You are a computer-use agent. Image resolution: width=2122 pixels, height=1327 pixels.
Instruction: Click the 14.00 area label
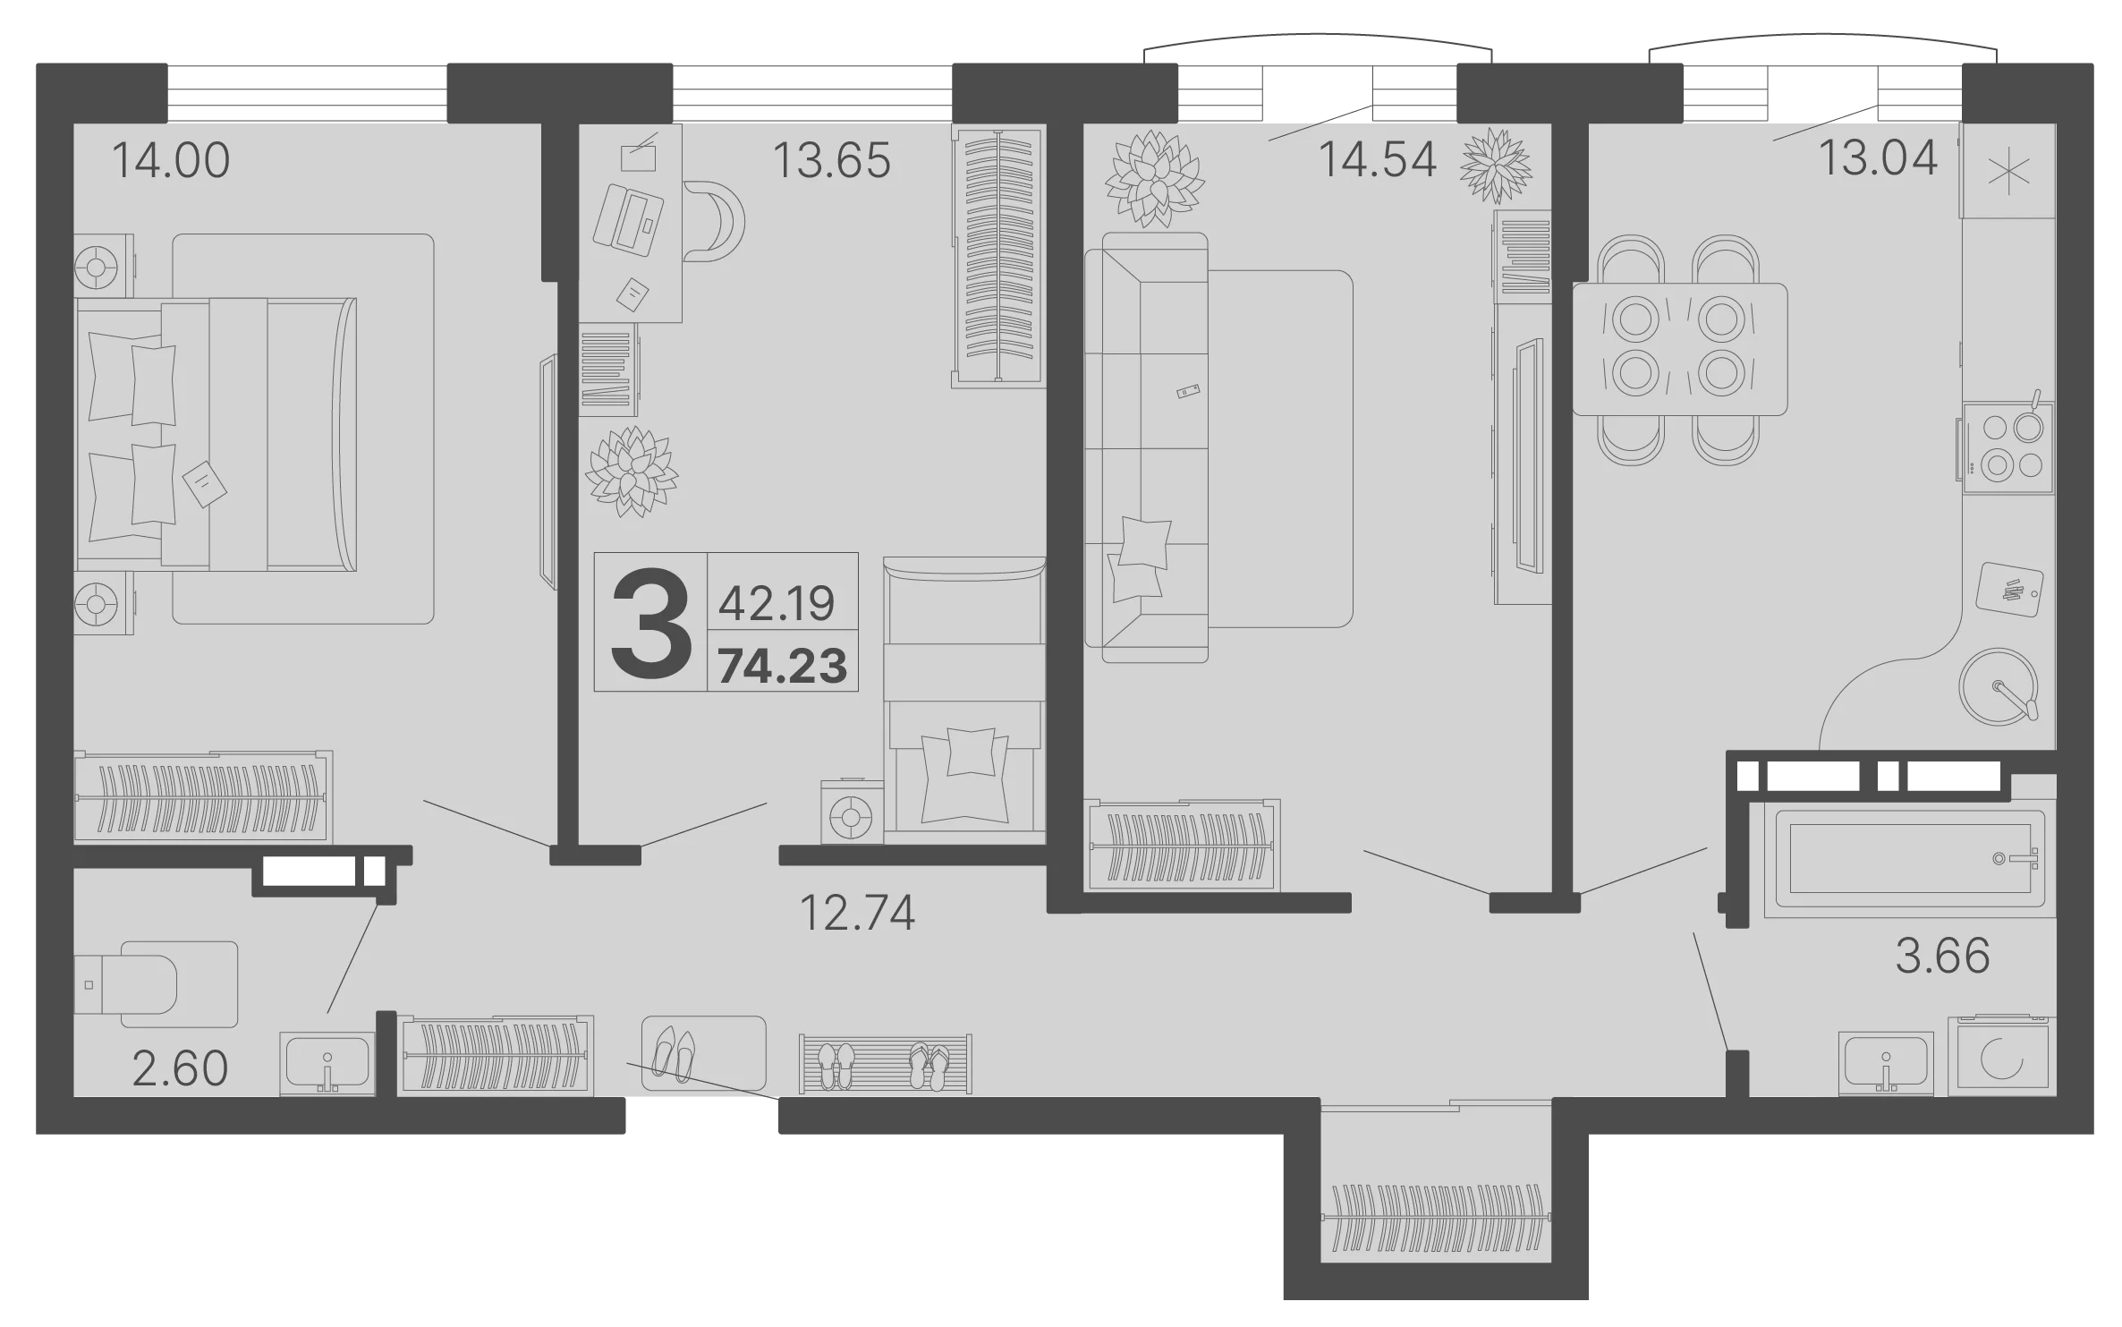pos(171,161)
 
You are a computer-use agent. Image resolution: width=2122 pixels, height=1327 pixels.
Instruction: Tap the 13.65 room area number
pos(831,161)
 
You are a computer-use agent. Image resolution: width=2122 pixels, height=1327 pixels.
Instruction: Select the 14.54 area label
pos(1378,160)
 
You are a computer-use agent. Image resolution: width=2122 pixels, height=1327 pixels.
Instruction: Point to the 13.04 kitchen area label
pos(1879,158)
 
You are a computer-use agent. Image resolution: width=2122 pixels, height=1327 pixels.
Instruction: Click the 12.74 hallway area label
pos(857,914)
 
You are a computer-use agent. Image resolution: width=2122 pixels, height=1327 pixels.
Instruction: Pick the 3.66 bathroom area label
pos(1943,956)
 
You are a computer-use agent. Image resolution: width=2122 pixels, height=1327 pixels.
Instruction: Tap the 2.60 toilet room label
pos(180,1068)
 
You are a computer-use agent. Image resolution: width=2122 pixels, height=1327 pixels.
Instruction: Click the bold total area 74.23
pos(783,667)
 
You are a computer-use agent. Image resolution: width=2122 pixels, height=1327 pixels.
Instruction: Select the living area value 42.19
pos(777,603)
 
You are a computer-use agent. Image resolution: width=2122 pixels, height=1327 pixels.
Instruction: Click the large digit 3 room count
pos(650,624)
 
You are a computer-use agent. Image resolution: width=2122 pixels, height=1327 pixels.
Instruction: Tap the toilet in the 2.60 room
pos(156,983)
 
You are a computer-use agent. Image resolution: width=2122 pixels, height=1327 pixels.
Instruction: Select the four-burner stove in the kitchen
pos(2007,448)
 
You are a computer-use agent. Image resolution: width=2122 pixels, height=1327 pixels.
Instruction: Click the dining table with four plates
pos(1679,349)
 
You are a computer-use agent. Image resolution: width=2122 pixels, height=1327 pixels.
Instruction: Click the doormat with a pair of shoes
pos(703,1052)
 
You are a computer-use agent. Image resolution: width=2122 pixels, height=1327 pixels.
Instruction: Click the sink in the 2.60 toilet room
pos(327,1064)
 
